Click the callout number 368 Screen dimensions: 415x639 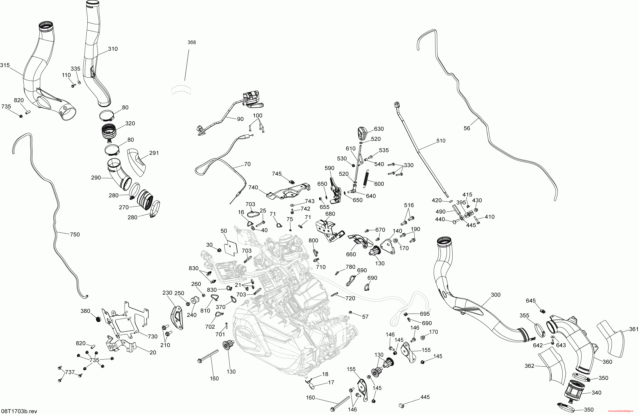click(x=191, y=42)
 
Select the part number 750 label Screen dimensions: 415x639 click(x=75, y=235)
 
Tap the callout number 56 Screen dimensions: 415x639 click(x=467, y=128)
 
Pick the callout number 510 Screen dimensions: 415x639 click(x=441, y=141)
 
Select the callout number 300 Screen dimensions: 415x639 click(x=496, y=295)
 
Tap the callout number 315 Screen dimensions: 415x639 click(x=5, y=65)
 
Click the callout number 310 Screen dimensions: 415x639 click(x=113, y=49)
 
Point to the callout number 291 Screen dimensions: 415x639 click(x=154, y=153)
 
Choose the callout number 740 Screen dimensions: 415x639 click(x=253, y=188)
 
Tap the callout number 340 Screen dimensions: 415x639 click(x=596, y=393)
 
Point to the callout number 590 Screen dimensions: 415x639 click(x=329, y=168)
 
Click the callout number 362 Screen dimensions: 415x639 click(x=529, y=366)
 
